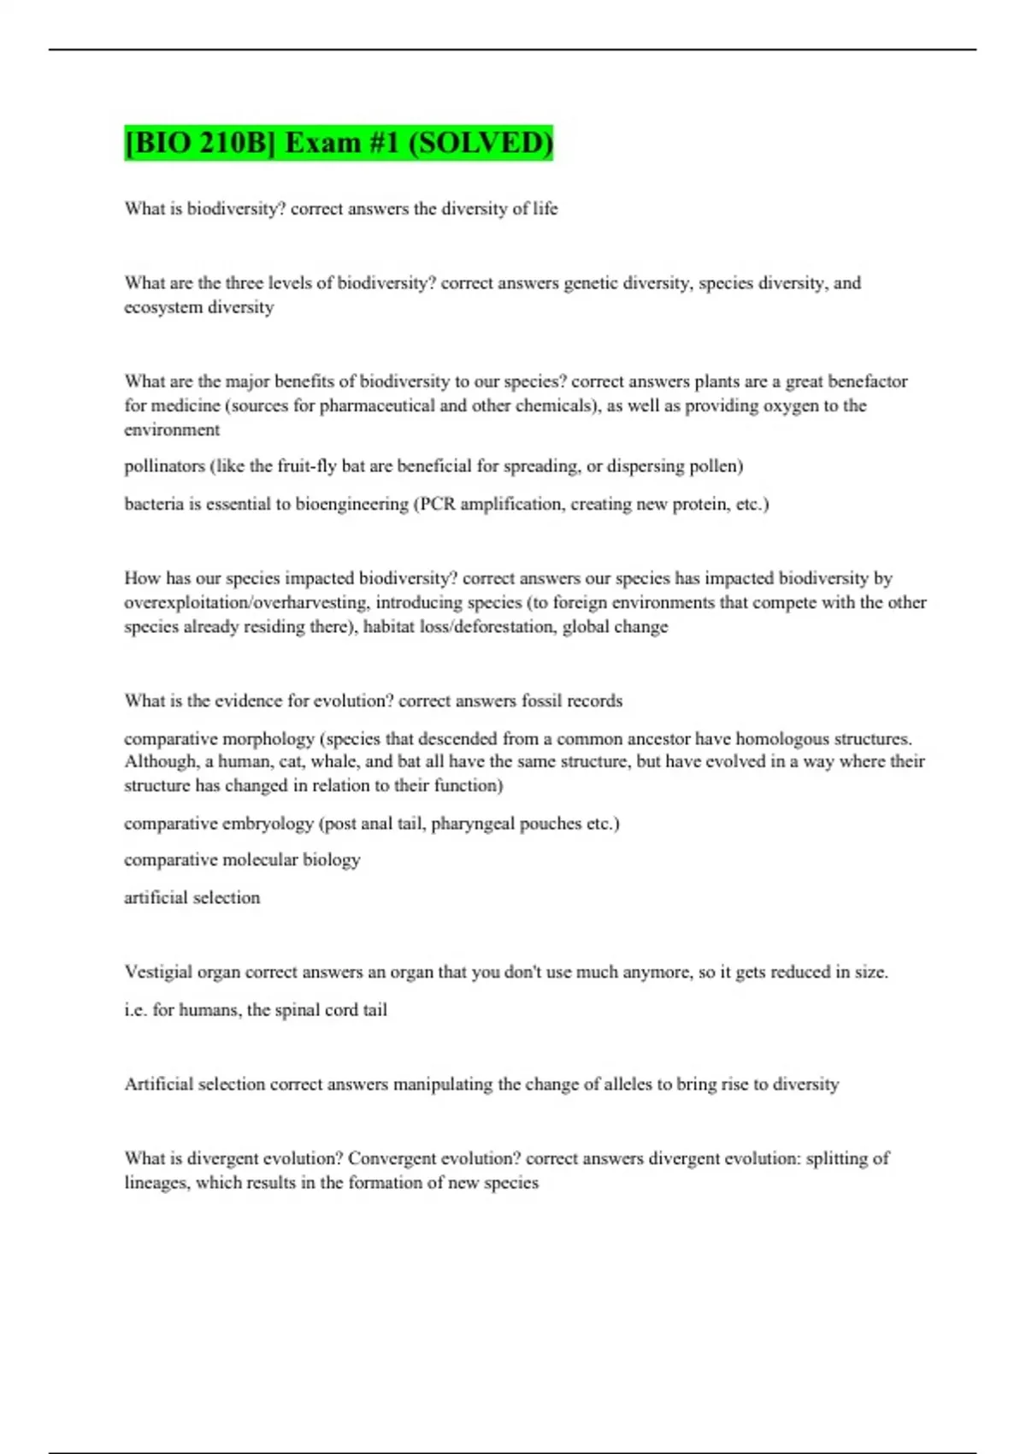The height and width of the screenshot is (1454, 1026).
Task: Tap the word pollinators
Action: click(x=164, y=466)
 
